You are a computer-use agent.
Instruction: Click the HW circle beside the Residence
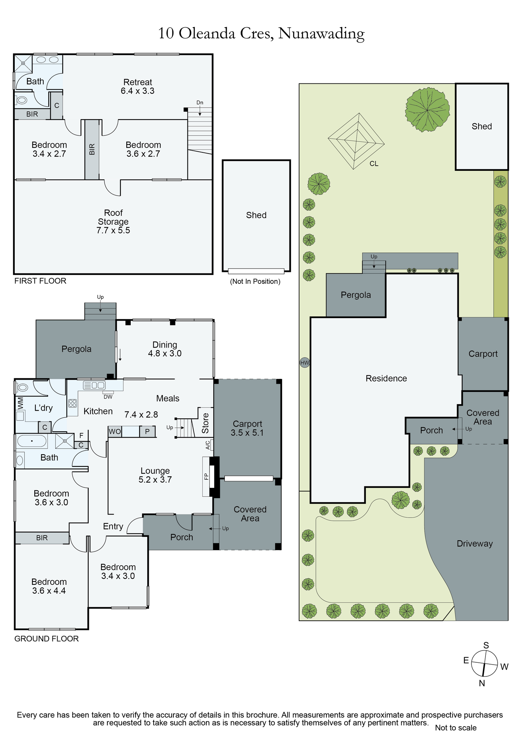pyautogui.click(x=305, y=363)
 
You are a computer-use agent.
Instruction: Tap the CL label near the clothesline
pyautogui.click(x=374, y=164)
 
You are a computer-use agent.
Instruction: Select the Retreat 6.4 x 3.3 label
pyautogui.click(x=138, y=87)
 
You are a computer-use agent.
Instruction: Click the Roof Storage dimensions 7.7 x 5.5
pyautogui.click(x=113, y=231)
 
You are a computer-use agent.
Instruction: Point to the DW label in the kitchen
pyautogui.click(x=108, y=397)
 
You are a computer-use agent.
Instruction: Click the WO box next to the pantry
pyautogui.click(x=115, y=431)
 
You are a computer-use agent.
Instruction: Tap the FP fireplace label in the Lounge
pyautogui.click(x=206, y=476)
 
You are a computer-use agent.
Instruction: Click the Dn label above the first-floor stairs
pyautogui.click(x=200, y=103)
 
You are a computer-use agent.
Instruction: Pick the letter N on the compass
pyautogui.click(x=482, y=683)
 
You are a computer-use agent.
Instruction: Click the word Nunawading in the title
pyautogui.click(x=322, y=34)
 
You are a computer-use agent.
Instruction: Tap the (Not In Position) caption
pyautogui.click(x=255, y=282)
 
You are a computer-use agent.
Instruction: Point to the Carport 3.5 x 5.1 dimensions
pyautogui.click(x=247, y=433)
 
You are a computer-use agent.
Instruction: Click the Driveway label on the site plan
pyautogui.click(x=475, y=544)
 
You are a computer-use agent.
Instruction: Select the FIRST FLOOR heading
pyautogui.click(x=40, y=281)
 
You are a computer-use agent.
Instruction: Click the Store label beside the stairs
pyautogui.click(x=205, y=423)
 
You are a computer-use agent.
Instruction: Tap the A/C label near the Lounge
pyautogui.click(x=208, y=445)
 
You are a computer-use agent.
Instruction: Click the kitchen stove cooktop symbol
pyautogui.click(x=73, y=403)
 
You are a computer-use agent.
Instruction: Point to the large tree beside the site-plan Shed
pyautogui.click(x=427, y=109)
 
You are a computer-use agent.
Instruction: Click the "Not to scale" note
pyautogui.click(x=456, y=728)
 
